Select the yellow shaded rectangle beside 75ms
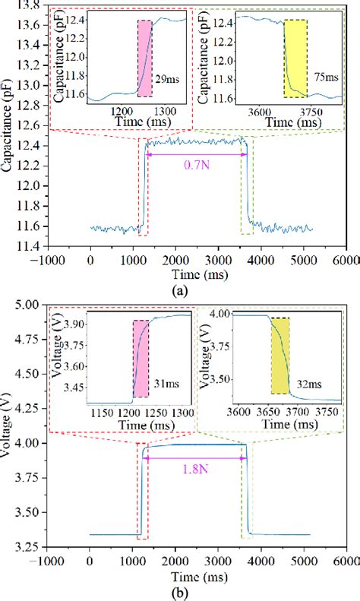click(x=295, y=59)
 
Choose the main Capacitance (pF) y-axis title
click(x=7, y=122)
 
